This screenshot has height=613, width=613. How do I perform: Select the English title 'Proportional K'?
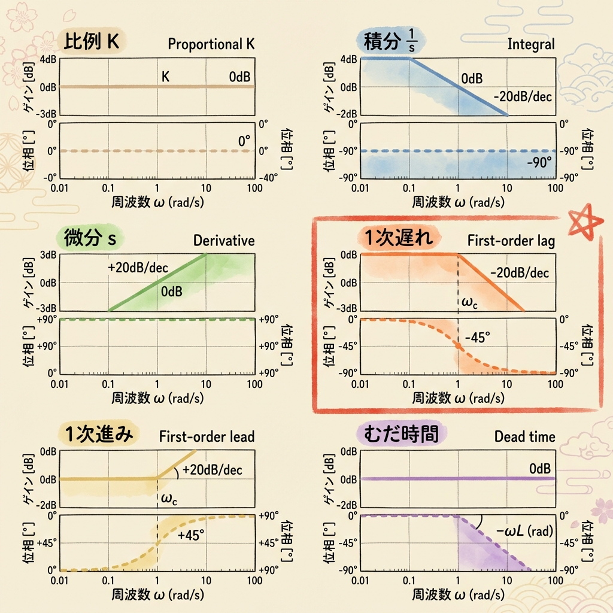click(x=211, y=44)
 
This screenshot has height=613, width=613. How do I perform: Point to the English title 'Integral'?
click(x=531, y=44)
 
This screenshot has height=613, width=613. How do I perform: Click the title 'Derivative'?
click(x=224, y=241)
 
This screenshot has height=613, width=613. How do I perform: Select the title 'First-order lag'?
click(x=511, y=241)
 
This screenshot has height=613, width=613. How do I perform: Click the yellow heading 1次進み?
click(x=99, y=435)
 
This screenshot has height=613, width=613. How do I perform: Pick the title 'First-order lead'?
click(x=207, y=436)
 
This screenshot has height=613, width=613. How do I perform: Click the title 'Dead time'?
click(x=524, y=436)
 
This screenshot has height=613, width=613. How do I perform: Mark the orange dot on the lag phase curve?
click(x=459, y=346)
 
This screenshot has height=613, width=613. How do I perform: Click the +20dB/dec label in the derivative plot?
click(x=137, y=268)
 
